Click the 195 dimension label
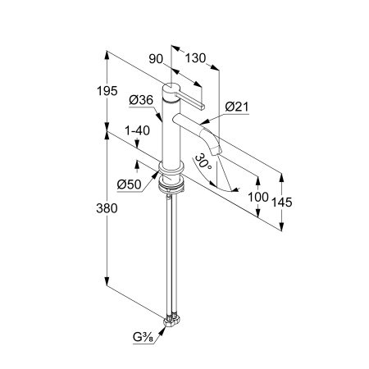click(107, 91)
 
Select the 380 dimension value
click(107, 208)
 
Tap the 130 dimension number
click(195, 58)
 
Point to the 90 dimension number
click(156, 59)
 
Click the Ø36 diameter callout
click(141, 100)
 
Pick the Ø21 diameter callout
click(237, 107)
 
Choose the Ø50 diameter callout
click(130, 185)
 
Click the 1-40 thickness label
click(137, 130)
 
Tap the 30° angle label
click(203, 162)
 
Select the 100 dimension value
click(258, 197)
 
